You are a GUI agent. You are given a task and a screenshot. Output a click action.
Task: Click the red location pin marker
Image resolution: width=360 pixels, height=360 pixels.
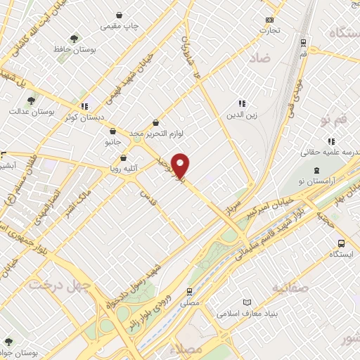click(x=181, y=165)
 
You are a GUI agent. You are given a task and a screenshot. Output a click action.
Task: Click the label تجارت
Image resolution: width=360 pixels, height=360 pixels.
click(x=269, y=30)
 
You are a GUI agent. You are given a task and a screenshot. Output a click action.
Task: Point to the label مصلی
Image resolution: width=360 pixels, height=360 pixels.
click(x=190, y=302)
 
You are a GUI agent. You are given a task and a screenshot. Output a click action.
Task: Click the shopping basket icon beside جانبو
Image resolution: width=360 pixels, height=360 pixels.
click(x=112, y=130)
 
